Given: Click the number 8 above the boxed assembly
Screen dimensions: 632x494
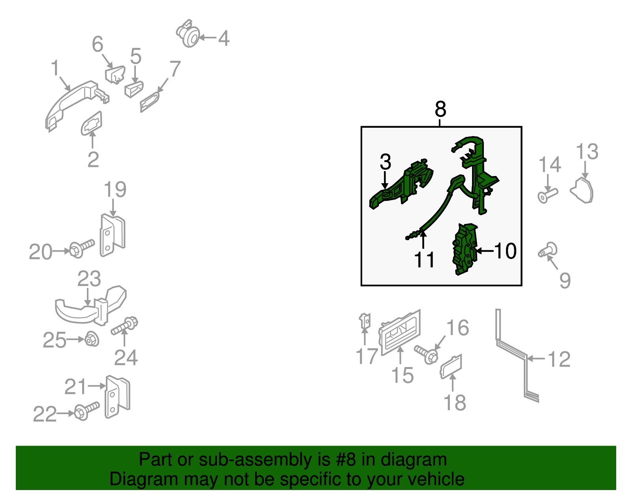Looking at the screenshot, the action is [440, 109].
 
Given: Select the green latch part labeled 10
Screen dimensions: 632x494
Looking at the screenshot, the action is [465, 249].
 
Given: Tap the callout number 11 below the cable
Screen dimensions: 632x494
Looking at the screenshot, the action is [424, 259].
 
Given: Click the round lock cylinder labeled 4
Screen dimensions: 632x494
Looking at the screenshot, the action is [188, 34].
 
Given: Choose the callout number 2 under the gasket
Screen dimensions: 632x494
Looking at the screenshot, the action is [93, 159].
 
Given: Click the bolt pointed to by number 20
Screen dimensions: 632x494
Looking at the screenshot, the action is [81, 249].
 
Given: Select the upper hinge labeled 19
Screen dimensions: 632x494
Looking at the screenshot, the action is [113, 235].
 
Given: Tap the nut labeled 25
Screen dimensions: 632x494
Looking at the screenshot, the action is [92, 339].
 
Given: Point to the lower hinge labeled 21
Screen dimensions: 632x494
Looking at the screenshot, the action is [117, 397].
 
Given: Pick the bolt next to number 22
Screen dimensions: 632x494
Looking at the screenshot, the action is [87, 411].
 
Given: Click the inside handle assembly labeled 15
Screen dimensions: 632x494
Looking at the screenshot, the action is [400, 332].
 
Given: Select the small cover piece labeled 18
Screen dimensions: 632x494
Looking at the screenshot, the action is [451, 367].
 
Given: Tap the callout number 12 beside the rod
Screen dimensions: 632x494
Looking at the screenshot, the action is [559, 359].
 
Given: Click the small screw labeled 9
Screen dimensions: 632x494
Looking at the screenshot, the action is [547, 250].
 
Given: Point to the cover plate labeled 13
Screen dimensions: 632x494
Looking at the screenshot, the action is [582, 191].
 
